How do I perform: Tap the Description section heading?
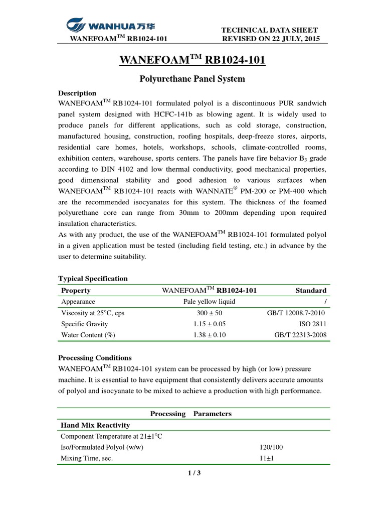pos(77,93)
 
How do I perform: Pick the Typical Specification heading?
pos(93,278)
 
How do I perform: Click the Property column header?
pos(76,290)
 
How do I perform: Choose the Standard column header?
pos(311,290)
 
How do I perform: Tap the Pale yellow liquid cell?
pos(209,302)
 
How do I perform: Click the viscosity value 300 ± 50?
pos(209,313)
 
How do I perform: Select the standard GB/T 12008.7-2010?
pos(297,313)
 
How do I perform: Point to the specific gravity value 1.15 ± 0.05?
pos(209,324)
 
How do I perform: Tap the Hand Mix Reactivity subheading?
pos(95,425)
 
